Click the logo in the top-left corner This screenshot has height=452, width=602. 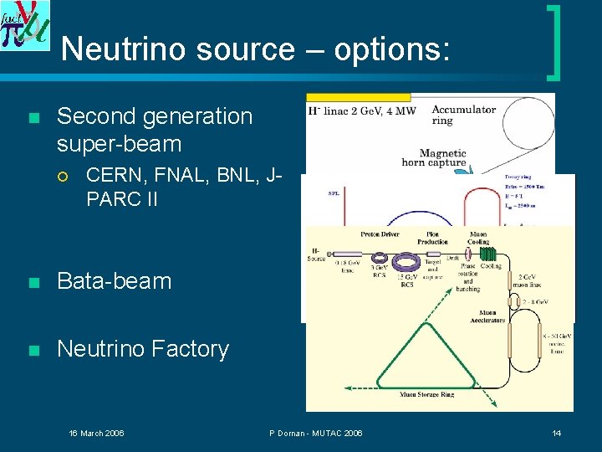(24, 25)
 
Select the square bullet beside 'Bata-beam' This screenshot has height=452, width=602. (33, 282)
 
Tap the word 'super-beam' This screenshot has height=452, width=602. (119, 144)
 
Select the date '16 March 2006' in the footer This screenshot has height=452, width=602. (96, 433)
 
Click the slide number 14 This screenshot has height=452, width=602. (557, 433)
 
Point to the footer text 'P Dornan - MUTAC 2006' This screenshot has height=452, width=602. (316, 433)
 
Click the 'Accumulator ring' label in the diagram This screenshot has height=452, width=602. (464, 116)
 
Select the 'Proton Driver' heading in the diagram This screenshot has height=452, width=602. (380, 234)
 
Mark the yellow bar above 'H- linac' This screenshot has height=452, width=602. (359, 97)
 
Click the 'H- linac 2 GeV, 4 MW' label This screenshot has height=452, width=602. (362, 110)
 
